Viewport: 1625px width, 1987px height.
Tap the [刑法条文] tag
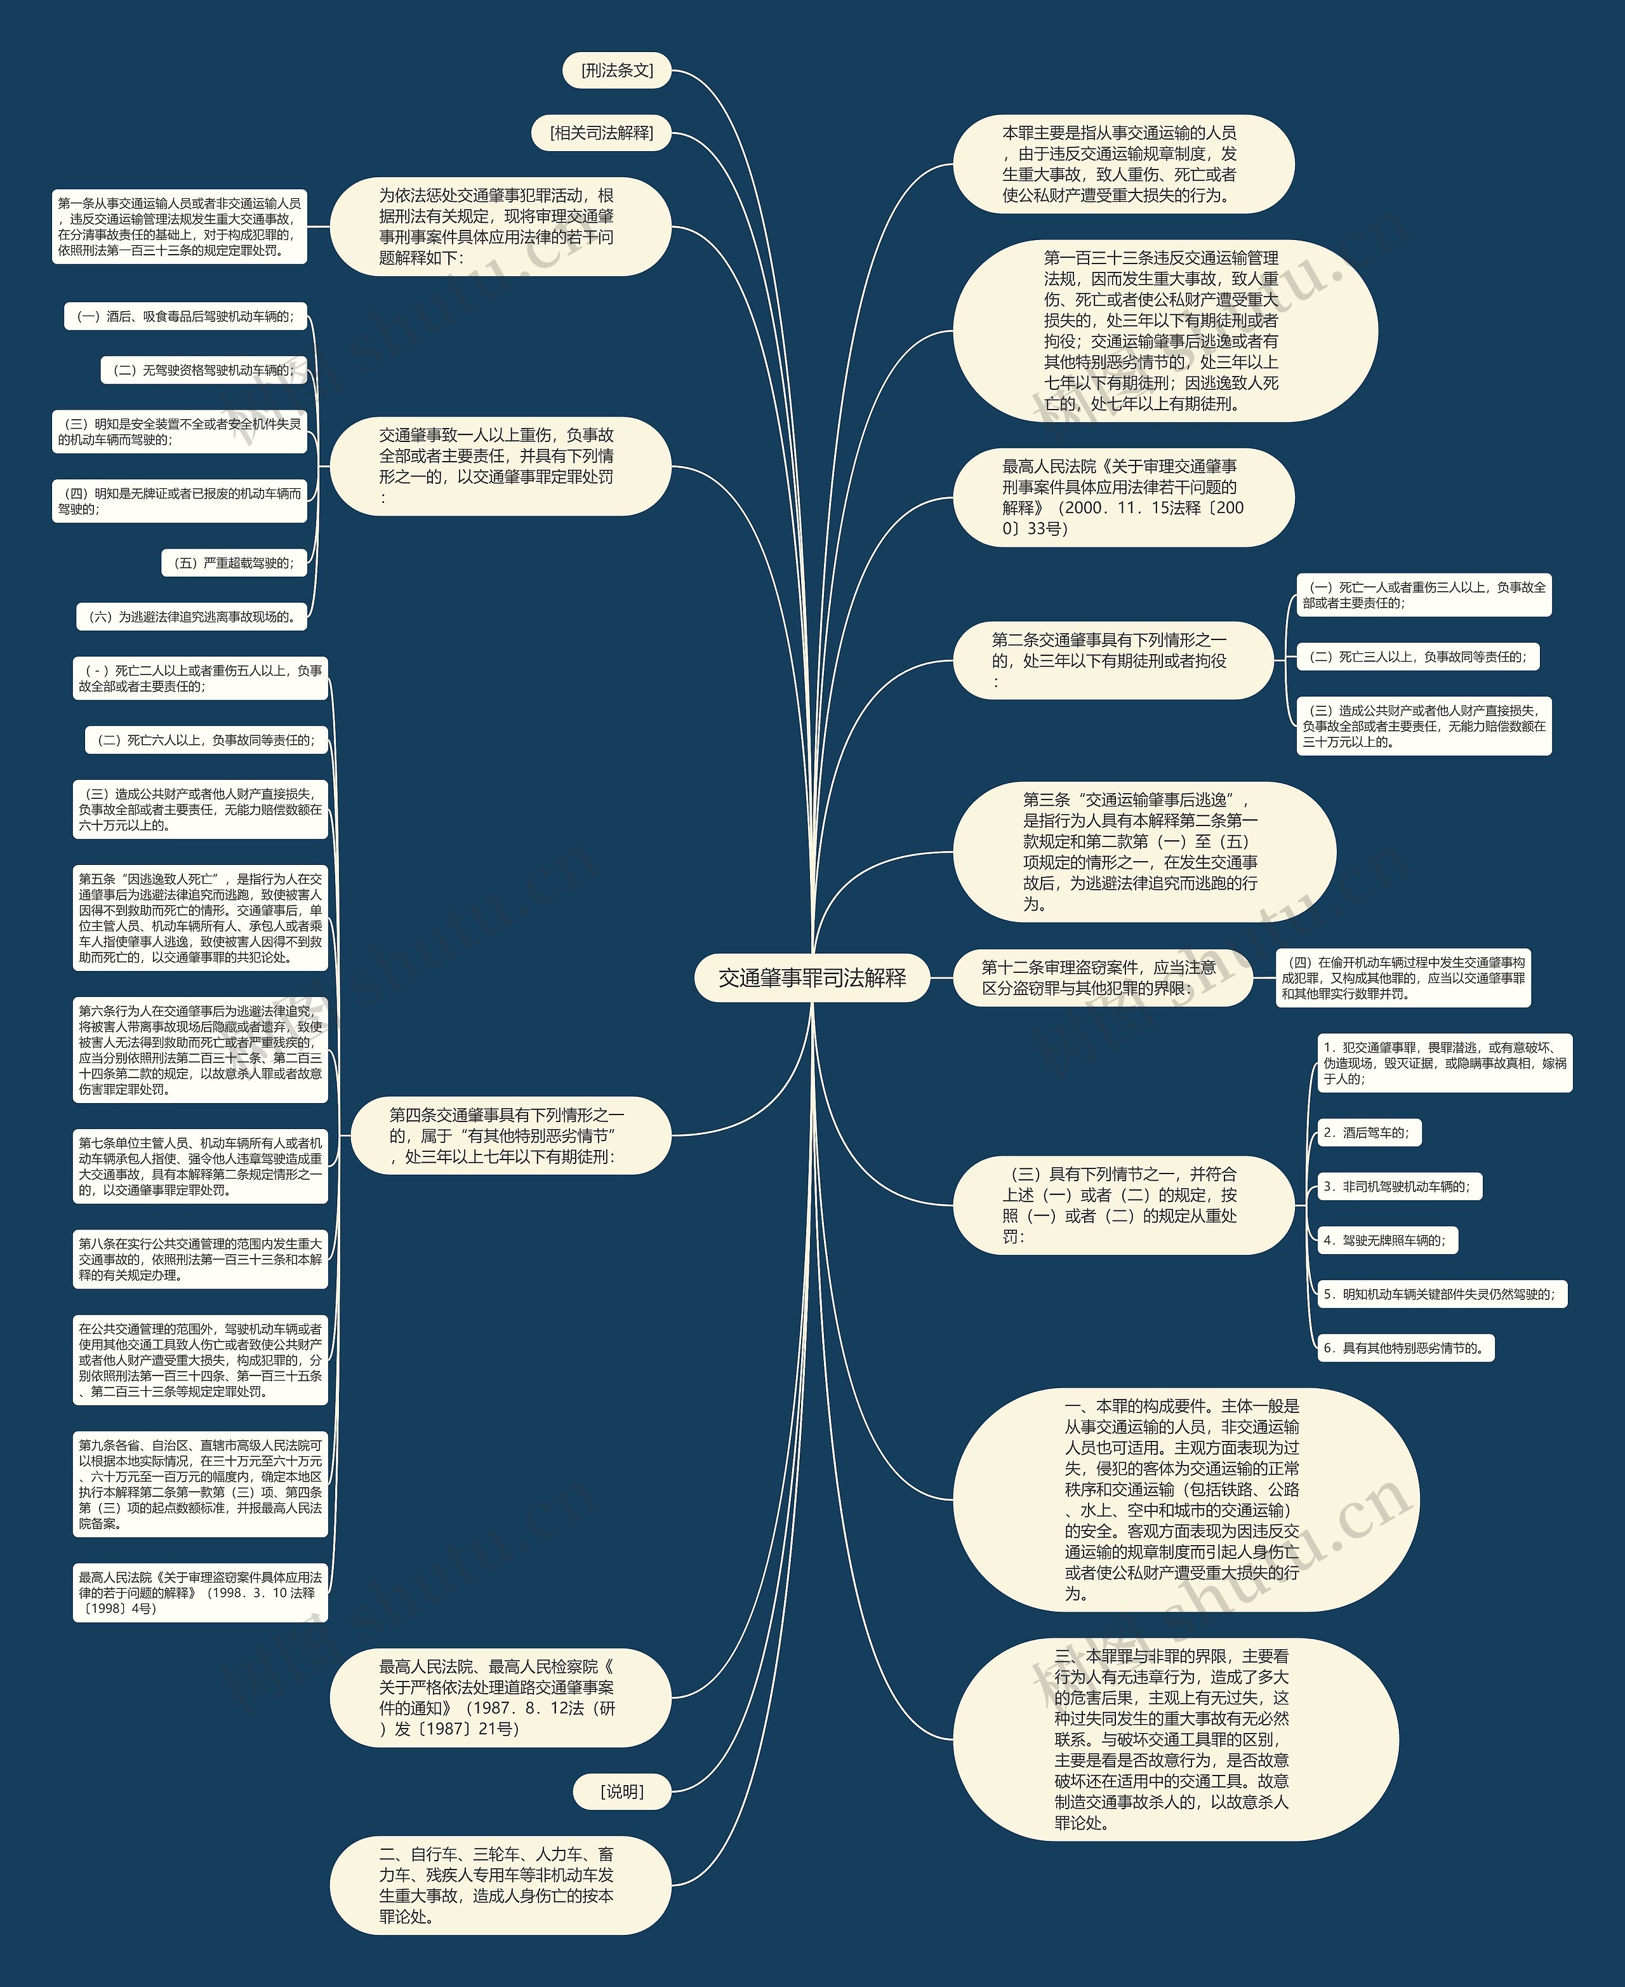point(617,70)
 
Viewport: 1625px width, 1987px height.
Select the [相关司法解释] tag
point(602,133)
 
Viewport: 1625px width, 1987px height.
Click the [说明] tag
point(621,1792)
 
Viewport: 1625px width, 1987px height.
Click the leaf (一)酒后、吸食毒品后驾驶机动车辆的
point(185,316)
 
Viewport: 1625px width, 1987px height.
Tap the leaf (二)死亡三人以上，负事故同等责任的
point(1418,657)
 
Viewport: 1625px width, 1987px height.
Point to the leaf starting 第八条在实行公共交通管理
point(201,1259)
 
